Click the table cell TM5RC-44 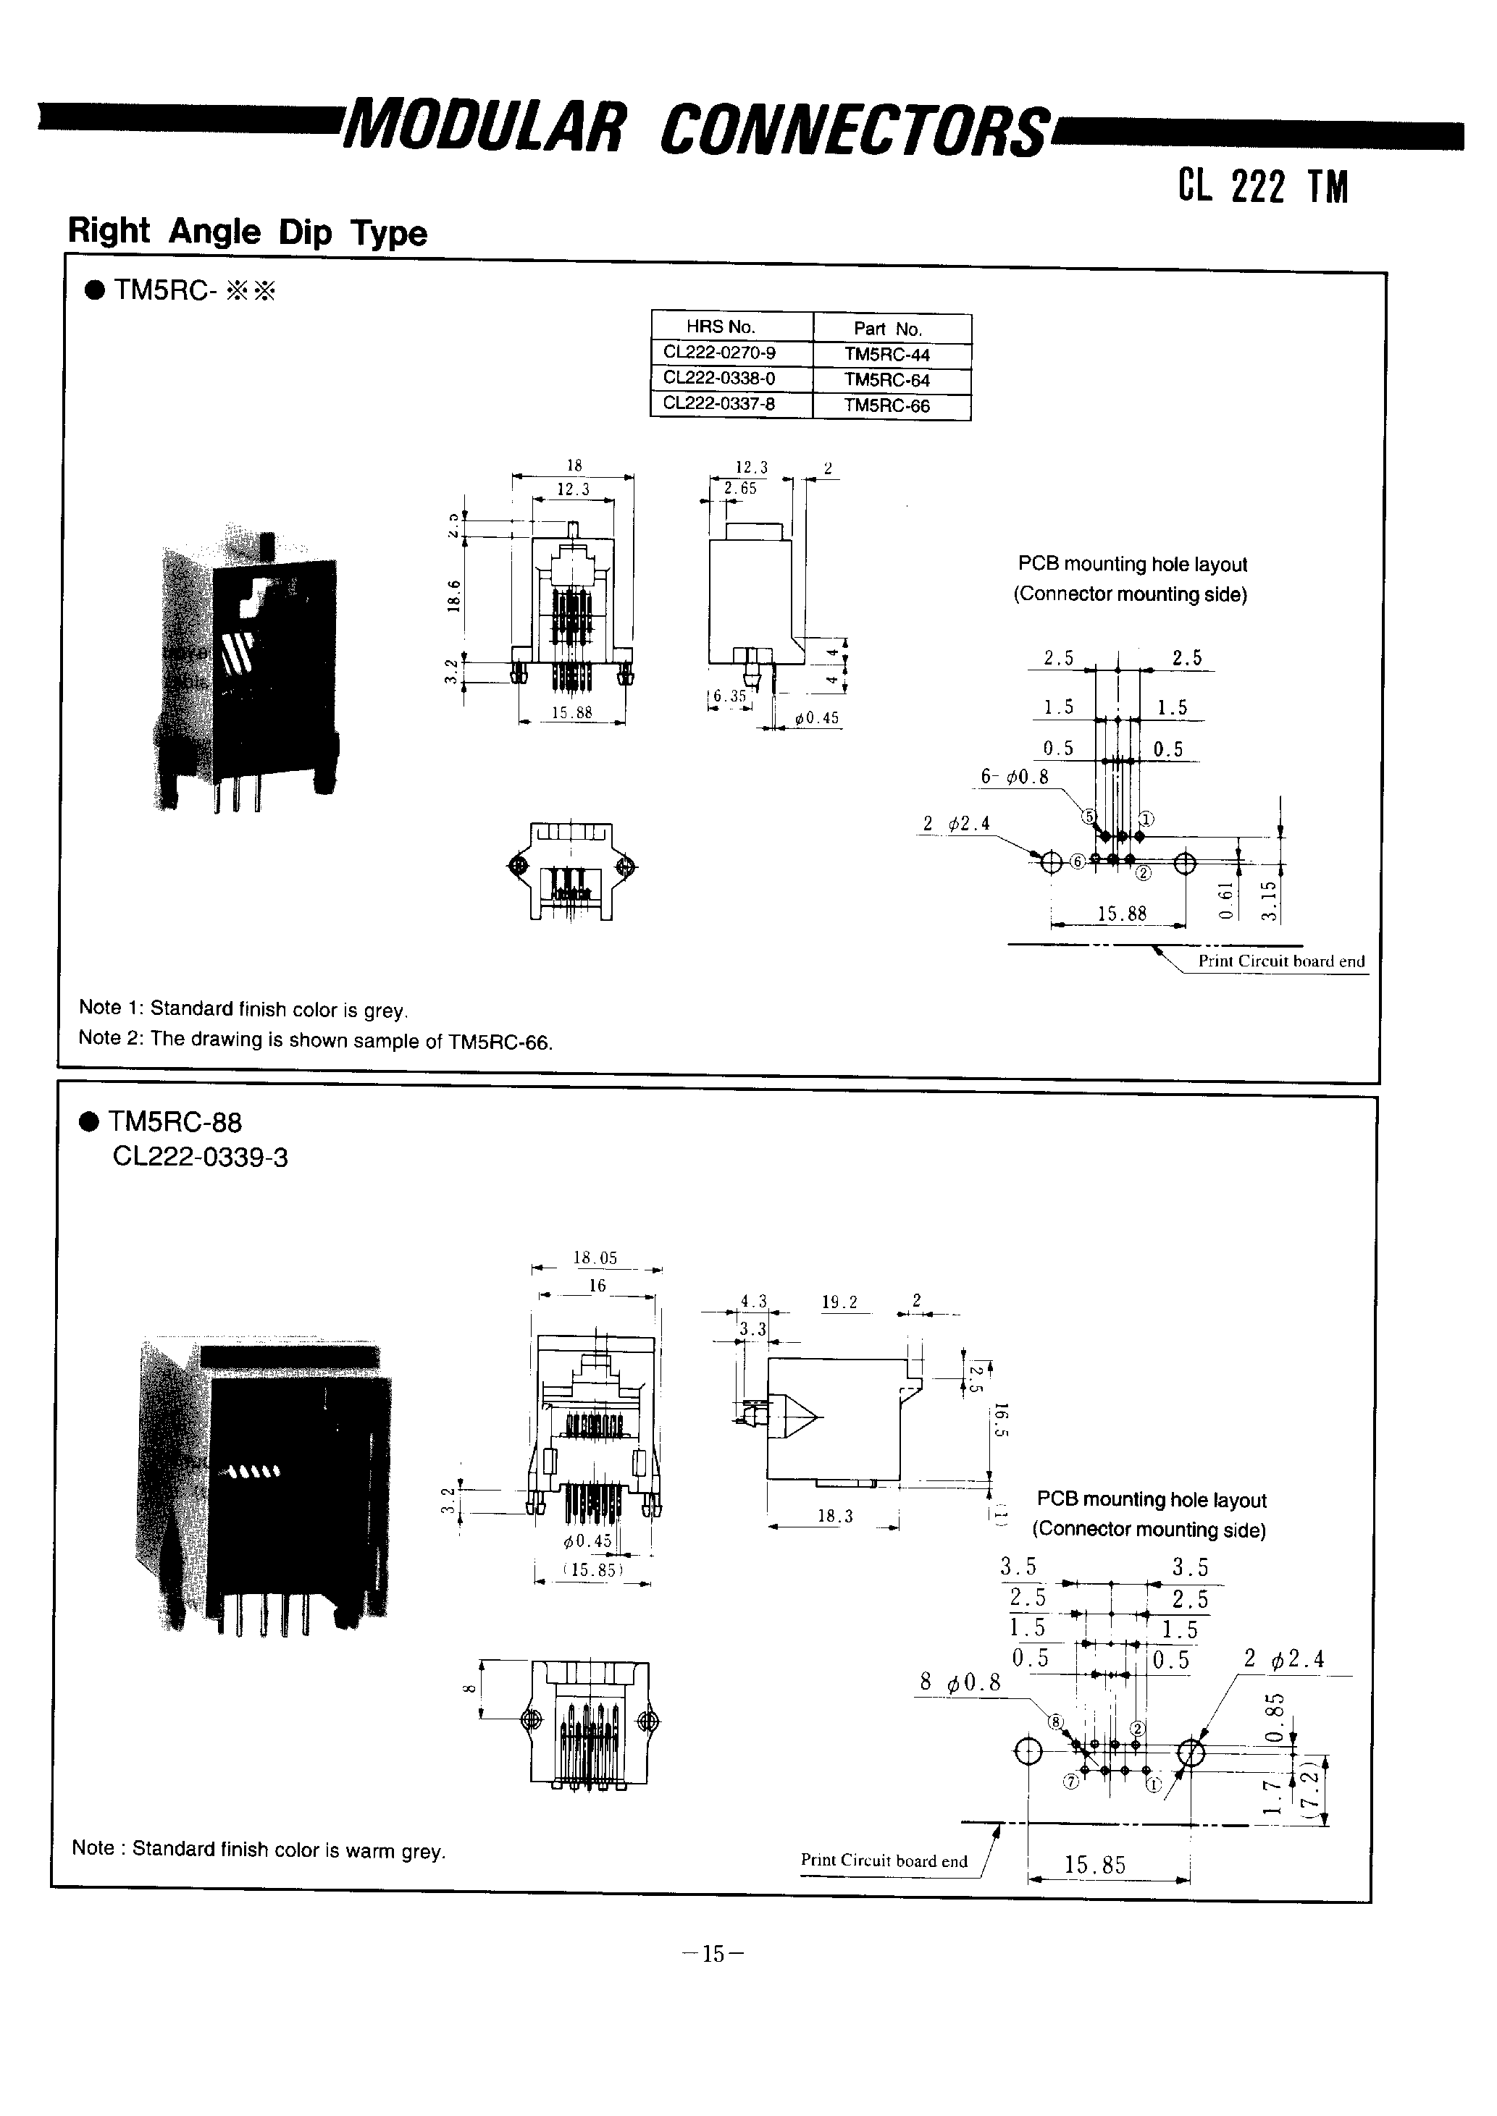[886, 355]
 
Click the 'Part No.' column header [886, 329]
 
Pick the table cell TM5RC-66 [886, 405]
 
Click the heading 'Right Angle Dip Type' [247, 232]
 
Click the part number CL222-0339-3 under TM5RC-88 [200, 1158]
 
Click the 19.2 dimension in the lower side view [840, 1302]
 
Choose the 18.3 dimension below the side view [835, 1516]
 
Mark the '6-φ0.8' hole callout [1014, 777]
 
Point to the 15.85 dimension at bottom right [1095, 1866]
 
